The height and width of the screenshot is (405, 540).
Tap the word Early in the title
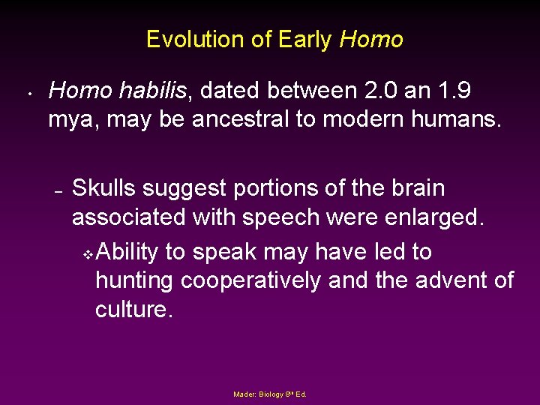304,40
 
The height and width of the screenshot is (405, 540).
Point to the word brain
413,188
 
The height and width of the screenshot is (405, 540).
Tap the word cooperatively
274,280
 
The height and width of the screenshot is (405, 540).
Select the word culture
133,309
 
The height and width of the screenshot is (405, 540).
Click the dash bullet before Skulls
58,190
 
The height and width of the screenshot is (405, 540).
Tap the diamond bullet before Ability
87,254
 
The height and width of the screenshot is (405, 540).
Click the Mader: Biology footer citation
270,394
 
